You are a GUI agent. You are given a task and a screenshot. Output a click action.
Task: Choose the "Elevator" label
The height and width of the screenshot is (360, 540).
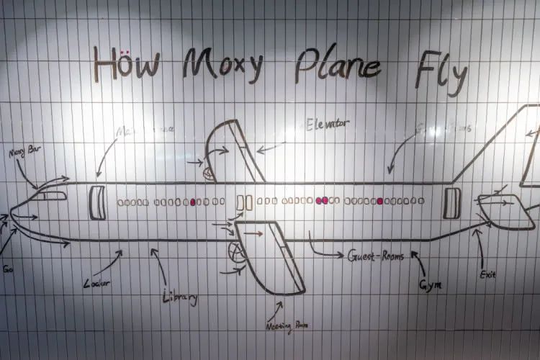coord(328,124)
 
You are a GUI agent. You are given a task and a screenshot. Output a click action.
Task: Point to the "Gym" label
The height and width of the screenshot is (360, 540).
coord(431,284)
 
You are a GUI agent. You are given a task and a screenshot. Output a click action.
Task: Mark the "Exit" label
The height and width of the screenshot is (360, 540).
coord(487,274)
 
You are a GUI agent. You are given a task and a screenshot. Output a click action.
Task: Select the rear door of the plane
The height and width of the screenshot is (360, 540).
coord(451,202)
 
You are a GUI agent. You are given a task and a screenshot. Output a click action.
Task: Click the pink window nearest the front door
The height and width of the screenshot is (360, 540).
coord(194,202)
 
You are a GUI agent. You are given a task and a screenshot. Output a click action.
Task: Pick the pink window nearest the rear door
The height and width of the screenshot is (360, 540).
coord(379,201)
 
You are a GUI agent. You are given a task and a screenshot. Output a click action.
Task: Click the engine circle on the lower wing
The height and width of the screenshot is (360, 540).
coord(234,252)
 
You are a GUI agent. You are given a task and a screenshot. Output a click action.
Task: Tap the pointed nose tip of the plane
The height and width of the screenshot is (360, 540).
coord(10,215)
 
